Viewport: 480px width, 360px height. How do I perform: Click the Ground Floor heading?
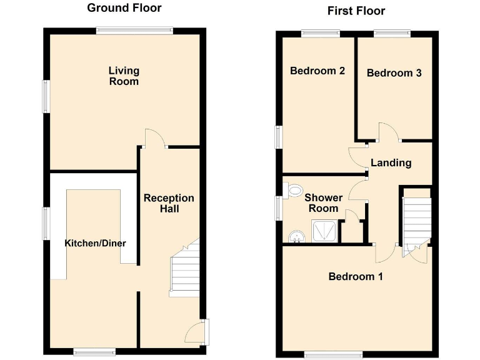[x=124, y=8]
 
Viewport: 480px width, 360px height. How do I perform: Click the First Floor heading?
[x=356, y=11]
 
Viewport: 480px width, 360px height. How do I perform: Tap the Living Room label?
[x=124, y=76]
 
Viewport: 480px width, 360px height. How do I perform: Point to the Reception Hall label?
[x=169, y=203]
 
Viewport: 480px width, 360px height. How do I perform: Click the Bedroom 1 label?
[x=356, y=276]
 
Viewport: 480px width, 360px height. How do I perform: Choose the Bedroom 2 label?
[x=317, y=71]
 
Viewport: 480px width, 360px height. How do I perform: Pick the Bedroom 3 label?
[x=394, y=73]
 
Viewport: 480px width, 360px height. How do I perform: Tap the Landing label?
[x=391, y=162]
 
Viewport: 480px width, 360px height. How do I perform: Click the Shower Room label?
[x=323, y=203]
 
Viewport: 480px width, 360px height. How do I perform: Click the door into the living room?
[x=154, y=138]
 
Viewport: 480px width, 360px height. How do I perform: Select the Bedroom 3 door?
[x=387, y=132]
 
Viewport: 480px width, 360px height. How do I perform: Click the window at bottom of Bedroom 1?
[x=333, y=354]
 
